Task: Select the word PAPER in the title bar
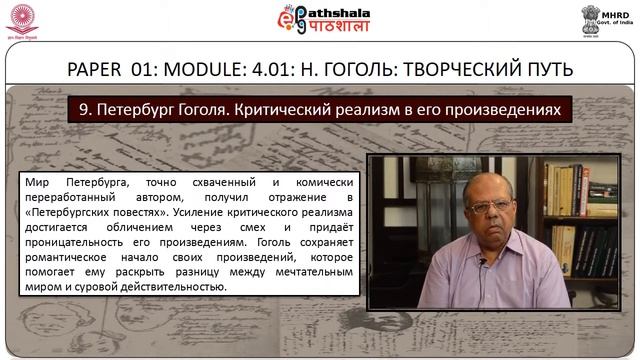pos(96,70)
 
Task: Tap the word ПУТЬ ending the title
pos(545,70)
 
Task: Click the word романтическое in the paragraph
pos(68,258)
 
